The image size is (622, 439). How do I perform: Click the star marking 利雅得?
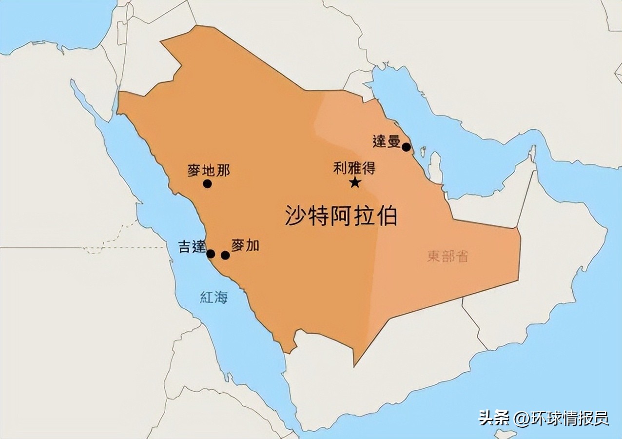click(x=355, y=183)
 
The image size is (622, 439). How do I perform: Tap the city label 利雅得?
click(x=354, y=169)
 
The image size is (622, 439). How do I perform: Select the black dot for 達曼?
click(x=406, y=147)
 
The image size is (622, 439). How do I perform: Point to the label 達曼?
click(x=386, y=141)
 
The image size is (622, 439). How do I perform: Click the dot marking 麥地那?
click(x=207, y=184)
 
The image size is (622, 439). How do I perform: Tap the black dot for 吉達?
click(x=211, y=254)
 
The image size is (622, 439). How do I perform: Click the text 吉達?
click(x=193, y=247)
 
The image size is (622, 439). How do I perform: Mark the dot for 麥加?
click(x=225, y=255)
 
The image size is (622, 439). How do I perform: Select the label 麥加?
click(x=245, y=245)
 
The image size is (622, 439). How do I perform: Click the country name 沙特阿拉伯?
click(x=341, y=216)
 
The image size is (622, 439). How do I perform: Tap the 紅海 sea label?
click(x=214, y=297)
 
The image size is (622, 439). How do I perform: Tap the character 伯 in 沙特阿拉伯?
click(x=387, y=216)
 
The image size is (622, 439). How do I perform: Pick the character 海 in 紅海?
click(x=221, y=297)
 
